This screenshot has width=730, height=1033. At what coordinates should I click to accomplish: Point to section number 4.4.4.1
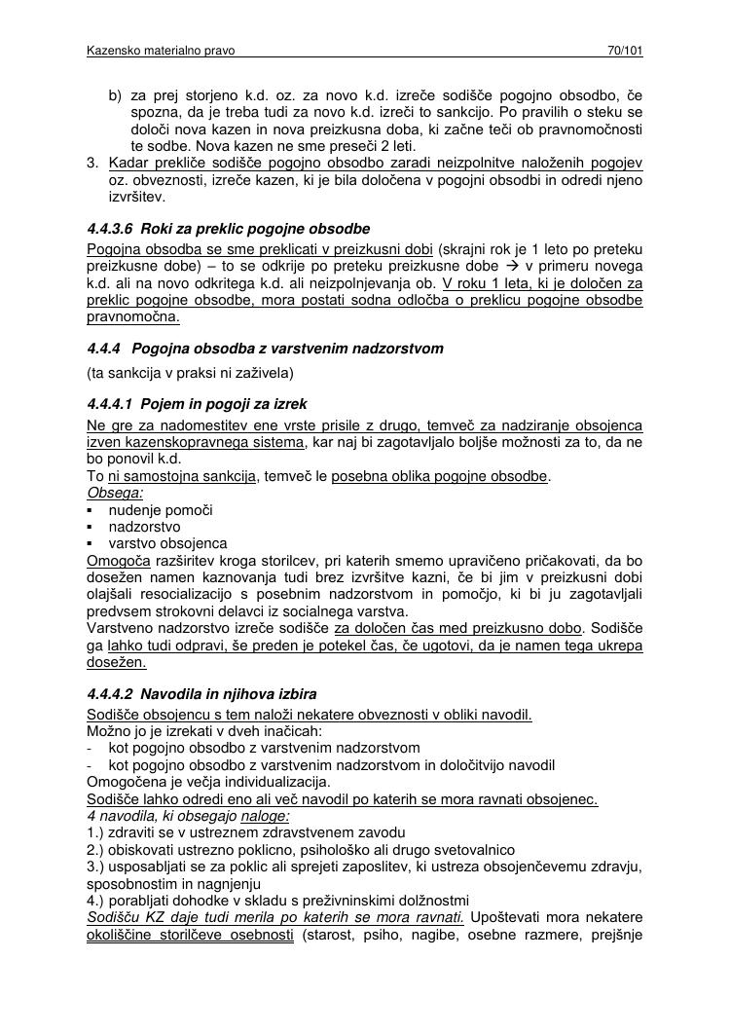(x=110, y=403)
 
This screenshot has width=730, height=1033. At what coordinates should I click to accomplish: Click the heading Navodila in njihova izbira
(x=229, y=695)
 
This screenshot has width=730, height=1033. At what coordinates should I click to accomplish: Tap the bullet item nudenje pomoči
(x=161, y=510)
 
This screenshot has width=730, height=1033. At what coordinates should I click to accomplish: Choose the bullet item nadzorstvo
(x=144, y=527)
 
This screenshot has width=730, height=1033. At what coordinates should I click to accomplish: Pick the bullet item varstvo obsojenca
(x=167, y=543)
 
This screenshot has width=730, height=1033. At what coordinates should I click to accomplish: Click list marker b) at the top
(x=115, y=95)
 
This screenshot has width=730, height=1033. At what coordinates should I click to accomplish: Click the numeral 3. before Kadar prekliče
(x=93, y=162)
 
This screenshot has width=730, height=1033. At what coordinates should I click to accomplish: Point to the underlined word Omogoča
(x=118, y=561)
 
